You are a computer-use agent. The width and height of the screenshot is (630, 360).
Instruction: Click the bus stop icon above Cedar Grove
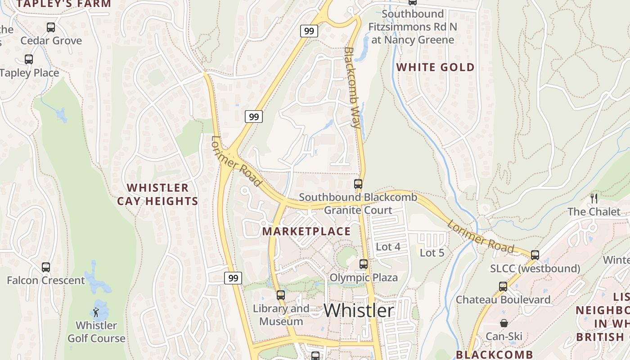pyautogui.click(x=51, y=27)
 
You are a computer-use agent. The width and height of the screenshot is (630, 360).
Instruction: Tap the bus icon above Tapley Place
pyautogui.click(x=29, y=59)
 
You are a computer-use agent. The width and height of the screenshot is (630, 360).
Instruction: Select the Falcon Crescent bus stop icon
pyautogui.click(x=45, y=267)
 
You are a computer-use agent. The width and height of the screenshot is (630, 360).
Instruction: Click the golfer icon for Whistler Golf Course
pyautogui.click(x=96, y=312)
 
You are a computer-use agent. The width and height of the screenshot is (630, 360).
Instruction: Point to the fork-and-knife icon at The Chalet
pyautogui.click(x=594, y=198)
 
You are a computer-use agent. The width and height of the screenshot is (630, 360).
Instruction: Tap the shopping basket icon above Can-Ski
pyautogui.click(x=504, y=323)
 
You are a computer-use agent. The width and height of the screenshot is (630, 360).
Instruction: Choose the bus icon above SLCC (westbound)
pyautogui.click(x=535, y=255)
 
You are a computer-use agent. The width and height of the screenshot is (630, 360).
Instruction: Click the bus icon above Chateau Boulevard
pyautogui.click(x=503, y=286)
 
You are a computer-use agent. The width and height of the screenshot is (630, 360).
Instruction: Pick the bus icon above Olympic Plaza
pyautogui.click(x=364, y=264)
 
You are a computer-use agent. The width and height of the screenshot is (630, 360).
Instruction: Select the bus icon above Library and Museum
pyautogui.click(x=281, y=295)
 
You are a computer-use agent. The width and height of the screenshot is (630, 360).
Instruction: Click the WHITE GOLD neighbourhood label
pyautogui.click(x=435, y=67)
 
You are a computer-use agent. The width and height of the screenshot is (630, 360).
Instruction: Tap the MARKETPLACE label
pyautogui.click(x=306, y=231)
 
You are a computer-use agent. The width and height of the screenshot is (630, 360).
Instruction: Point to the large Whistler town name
pyautogui.click(x=359, y=310)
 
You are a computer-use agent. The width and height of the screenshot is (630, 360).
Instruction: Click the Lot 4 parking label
pyautogui.click(x=388, y=247)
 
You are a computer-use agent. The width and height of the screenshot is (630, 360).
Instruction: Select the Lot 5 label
pyautogui.click(x=432, y=253)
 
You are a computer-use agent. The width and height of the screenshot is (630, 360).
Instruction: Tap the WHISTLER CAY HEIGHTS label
pyautogui.click(x=157, y=194)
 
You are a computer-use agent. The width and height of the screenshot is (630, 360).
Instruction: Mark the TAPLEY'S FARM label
pyautogui.click(x=63, y=4)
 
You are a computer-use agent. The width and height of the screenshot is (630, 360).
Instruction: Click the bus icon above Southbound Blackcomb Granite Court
pyautogui.click(x=358, y=184)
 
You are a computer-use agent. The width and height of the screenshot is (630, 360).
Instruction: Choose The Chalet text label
pyautogui.click(x=594, y=211)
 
